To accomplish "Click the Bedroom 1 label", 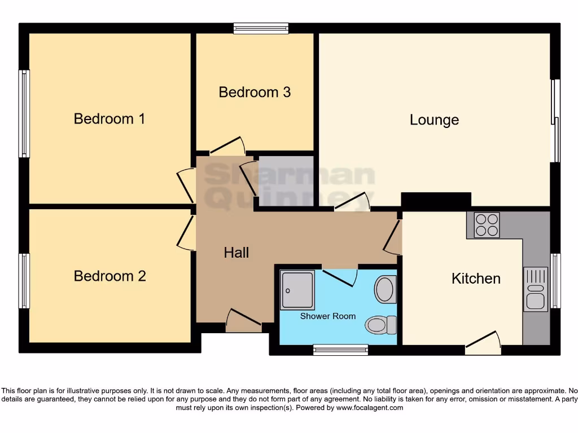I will coord(110,119).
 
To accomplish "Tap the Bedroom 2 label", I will coord(110,276).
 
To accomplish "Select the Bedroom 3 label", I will coord(255,92).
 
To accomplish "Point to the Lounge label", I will coord(434,120).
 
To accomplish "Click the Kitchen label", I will coord(476,279).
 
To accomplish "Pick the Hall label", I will coord(236,253).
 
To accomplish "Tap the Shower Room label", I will coord(328,316).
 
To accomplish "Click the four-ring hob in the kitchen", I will coord(487,224).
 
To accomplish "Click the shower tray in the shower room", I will coord(298,290).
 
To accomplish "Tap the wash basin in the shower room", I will coord(386,289).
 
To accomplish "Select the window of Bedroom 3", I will coord(261,28).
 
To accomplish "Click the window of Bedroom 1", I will coord(24,113).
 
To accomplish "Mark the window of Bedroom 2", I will coord(24,281).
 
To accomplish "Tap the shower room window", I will coord(340,350).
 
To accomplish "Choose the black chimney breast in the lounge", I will coord(436,200).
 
